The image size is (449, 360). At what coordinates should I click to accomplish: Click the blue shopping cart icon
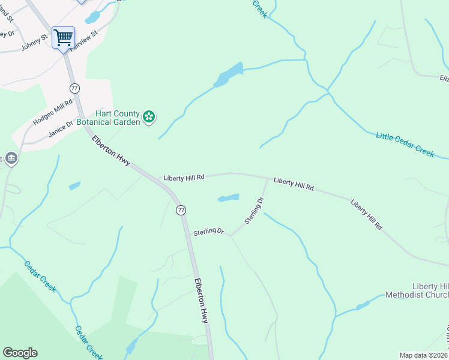pyautogui.click(x=63, y=38)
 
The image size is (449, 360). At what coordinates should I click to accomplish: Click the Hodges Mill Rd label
pyautogui.click(x=53, y=110)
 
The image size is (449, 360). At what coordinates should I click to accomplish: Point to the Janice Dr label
pyautogui.click(x=61, y=130)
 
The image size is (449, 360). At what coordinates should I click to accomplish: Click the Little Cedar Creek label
pyautogui.click(x=405, y=145)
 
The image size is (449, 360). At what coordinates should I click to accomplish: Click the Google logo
pyautogui.click(x=20, y=353)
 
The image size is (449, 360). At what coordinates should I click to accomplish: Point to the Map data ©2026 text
pyautogui.click(x=424, y=355)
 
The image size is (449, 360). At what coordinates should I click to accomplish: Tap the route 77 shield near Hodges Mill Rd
pyautogui.click(x=74, y=88)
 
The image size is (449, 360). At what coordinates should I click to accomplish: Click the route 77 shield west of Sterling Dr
pyautogui.click(x=180, y=210)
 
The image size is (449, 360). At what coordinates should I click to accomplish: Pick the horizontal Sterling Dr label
pyautogui.click(x=208, y=232)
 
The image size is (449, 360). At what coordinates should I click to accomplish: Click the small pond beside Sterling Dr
pyautogui.click(x=229, y=197)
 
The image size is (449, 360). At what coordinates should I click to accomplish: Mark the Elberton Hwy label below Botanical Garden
pyautogui.click(x=111, y=151)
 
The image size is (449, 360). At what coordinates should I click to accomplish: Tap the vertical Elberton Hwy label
pyautogui.click(x=201, y=301)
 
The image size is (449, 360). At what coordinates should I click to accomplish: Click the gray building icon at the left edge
pyautogui.click(x=12, y=158)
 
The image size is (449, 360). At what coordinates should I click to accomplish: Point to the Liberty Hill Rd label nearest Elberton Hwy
pyautogui.click(x=184, y=178)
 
